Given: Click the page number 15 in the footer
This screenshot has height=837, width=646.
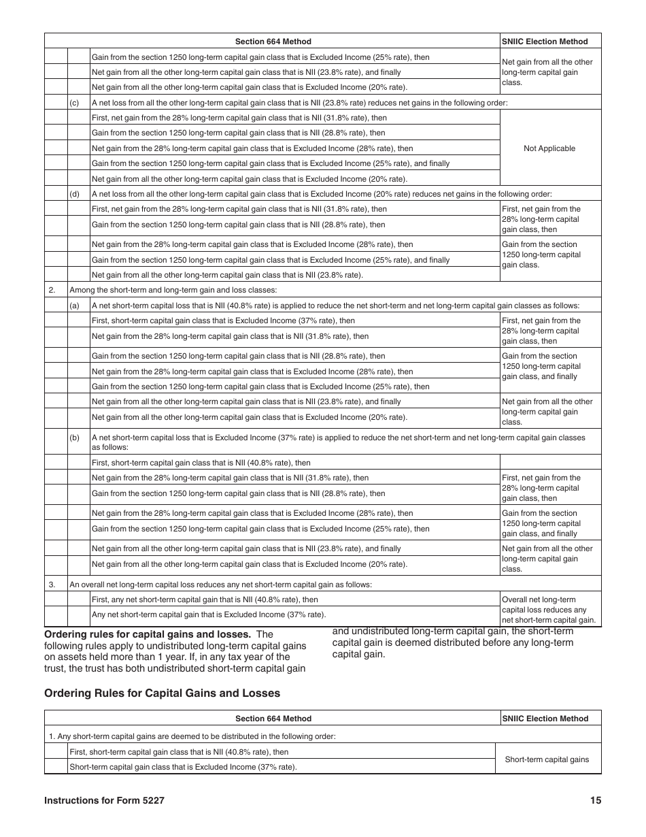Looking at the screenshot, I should [x=596, y=800].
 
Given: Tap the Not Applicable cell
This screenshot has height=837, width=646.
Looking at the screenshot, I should [x=549, y=148].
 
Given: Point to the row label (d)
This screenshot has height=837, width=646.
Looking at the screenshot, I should [x=74, y=194].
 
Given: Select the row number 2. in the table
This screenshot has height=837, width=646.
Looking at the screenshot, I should [x=52, y=290].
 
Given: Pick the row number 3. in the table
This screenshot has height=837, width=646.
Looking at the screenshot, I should [x=52, y=584].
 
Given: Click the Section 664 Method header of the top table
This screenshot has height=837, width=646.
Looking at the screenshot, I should [x=273, y=42].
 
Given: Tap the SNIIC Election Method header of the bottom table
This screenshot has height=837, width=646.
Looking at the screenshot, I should [x=545, y=718].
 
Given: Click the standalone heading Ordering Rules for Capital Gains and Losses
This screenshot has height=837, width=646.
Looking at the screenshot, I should [x=162, y=693].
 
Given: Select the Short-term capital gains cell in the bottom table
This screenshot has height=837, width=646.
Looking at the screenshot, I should [x=547, y=759].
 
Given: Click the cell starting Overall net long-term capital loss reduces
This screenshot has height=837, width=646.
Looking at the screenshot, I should [x=549, y=610].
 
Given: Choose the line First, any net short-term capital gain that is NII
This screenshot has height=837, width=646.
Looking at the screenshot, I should [x=205, y=600].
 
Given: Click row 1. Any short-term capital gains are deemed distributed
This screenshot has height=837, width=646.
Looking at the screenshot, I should [x=192, y=736].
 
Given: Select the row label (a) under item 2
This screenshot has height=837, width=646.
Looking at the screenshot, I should [x=74, y=306].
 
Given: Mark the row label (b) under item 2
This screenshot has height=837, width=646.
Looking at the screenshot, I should [x=74, y=438].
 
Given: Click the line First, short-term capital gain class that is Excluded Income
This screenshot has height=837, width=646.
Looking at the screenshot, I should [x=223, y=321].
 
